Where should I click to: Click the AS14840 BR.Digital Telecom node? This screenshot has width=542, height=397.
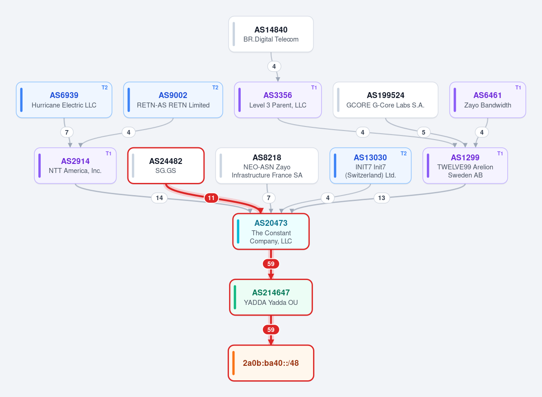coord(271,34)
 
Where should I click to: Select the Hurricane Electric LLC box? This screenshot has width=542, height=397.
coord(64,100)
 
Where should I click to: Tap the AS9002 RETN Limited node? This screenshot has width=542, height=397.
coord(173,100)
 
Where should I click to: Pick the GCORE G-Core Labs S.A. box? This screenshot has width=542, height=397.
coord(385,100)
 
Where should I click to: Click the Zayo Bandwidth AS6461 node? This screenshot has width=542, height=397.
coord(487,100)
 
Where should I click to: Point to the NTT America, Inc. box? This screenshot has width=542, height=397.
coord(75,166)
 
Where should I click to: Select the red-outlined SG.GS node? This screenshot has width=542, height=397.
coord(166,166)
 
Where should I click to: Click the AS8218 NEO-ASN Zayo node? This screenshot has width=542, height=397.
coord(267,166)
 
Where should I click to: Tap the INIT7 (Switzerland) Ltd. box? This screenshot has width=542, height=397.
coord(370,166)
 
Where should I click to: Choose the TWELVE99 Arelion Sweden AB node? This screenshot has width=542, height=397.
coord(465,166)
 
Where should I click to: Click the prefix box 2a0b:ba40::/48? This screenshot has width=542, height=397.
coord(271,363)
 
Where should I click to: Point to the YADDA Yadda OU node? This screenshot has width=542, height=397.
coord(271,297)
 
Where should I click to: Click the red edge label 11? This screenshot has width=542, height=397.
coord(211,198)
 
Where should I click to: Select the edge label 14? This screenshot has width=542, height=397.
coord(159,198)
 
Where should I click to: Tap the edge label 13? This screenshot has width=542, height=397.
coord(382,198)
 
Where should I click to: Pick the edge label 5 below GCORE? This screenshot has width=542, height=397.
coord(424,132)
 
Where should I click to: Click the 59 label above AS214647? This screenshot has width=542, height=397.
coord(271,264)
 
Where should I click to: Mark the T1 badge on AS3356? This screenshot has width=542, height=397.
coord(314,88)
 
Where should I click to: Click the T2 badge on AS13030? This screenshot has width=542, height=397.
coord(404,154)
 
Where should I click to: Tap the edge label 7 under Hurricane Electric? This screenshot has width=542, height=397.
coord(67,132)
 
